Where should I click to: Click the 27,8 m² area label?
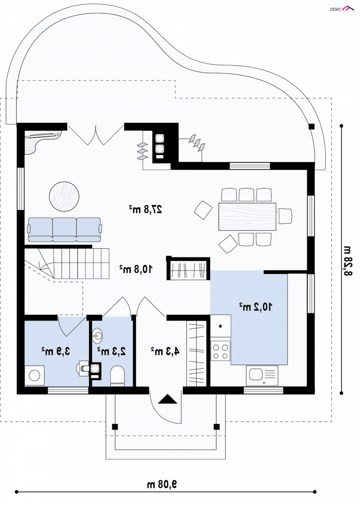pos(145,210)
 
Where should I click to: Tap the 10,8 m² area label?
pos(136,269)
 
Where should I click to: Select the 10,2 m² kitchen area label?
pos(255,307)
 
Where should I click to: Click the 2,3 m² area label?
pos(112,351)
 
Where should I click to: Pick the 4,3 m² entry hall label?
pos(165,351)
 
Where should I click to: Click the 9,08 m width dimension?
pos(162,484)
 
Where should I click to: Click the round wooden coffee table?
pos(64,197)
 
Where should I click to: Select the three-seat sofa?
pos(65,230)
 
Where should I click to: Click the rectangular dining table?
pos(247,216)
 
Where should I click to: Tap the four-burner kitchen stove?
pos(220,351)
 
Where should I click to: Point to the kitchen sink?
pos(262,375)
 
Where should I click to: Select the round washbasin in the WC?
pos(97,336)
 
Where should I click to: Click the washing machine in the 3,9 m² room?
pos(35,375)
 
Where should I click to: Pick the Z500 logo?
pos(341,9)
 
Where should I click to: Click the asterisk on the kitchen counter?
pos(220,326)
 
